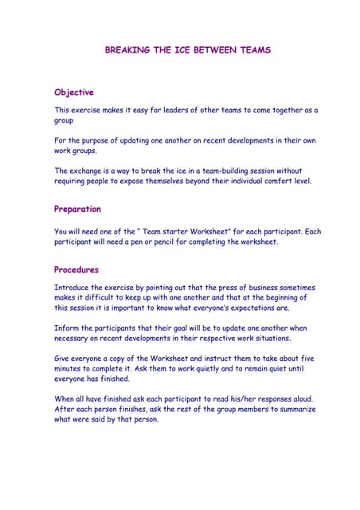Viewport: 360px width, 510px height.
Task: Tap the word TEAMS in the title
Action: pos(254,49)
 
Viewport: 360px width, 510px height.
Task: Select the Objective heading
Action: pos(74,92)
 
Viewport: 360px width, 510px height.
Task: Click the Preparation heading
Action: pos(77,210)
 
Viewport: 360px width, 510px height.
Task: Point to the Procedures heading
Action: pos(76,269)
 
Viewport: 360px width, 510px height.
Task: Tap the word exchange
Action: pos(88,171)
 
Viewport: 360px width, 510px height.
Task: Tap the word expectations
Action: pos(256,308)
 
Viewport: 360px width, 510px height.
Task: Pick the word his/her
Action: pos(235,398)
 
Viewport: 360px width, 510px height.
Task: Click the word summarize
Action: pos(293,409)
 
